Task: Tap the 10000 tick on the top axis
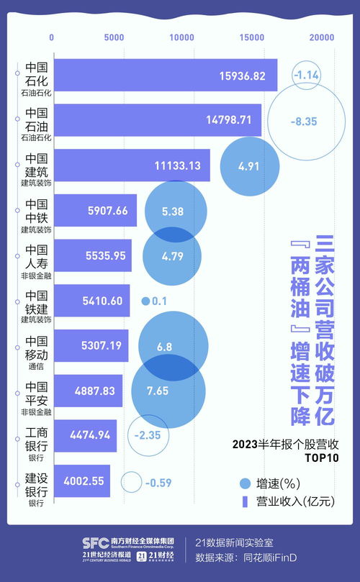(x=182, y=37)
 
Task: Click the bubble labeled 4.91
(x=248, y=166)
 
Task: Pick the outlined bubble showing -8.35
(x=303, y=122)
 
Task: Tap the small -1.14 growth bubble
(x=307, y=75)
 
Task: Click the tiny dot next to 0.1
(x=145, y=301)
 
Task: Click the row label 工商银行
(x=37, y=438)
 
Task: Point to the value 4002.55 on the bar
(x=84, y=482)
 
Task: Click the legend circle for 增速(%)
(x=245, y=483)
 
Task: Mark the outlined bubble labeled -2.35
(x=153, y=435)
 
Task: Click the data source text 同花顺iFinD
(x=277, y=557)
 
